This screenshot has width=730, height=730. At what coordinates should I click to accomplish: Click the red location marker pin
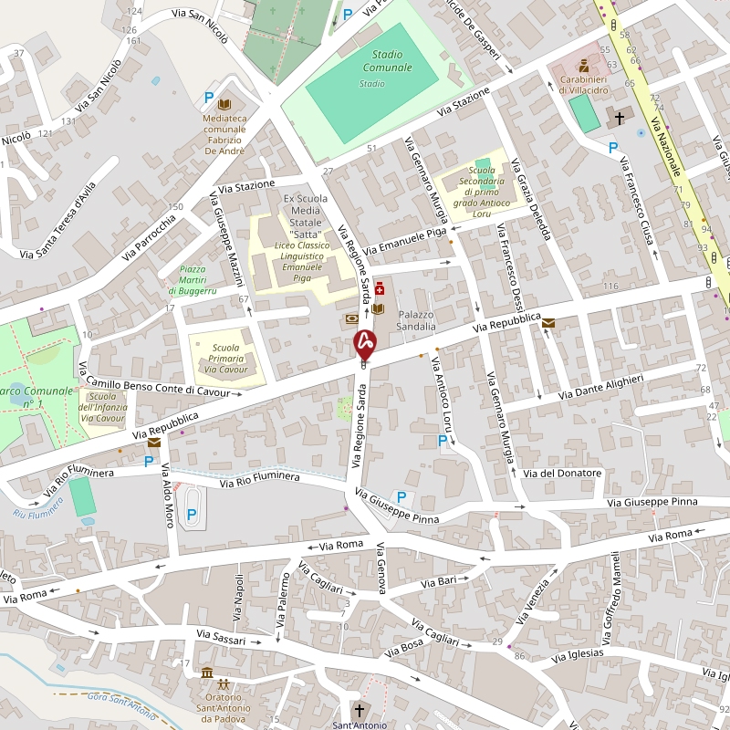365,343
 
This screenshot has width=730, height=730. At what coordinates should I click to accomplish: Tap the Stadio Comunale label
387,61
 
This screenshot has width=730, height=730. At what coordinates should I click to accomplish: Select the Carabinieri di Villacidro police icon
584,66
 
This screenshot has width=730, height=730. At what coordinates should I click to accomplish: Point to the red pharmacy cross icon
380,290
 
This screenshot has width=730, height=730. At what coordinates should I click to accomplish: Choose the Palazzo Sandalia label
417,319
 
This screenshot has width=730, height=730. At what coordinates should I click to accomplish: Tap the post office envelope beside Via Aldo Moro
153,443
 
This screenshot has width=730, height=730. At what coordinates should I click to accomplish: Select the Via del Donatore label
563,473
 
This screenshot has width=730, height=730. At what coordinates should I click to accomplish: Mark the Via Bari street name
438,581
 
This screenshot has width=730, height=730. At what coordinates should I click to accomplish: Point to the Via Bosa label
403,649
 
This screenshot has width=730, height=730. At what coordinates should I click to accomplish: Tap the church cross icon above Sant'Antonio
359,710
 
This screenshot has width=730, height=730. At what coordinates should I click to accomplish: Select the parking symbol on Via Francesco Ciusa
613,146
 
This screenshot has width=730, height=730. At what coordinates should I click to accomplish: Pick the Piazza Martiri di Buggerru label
193,279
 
